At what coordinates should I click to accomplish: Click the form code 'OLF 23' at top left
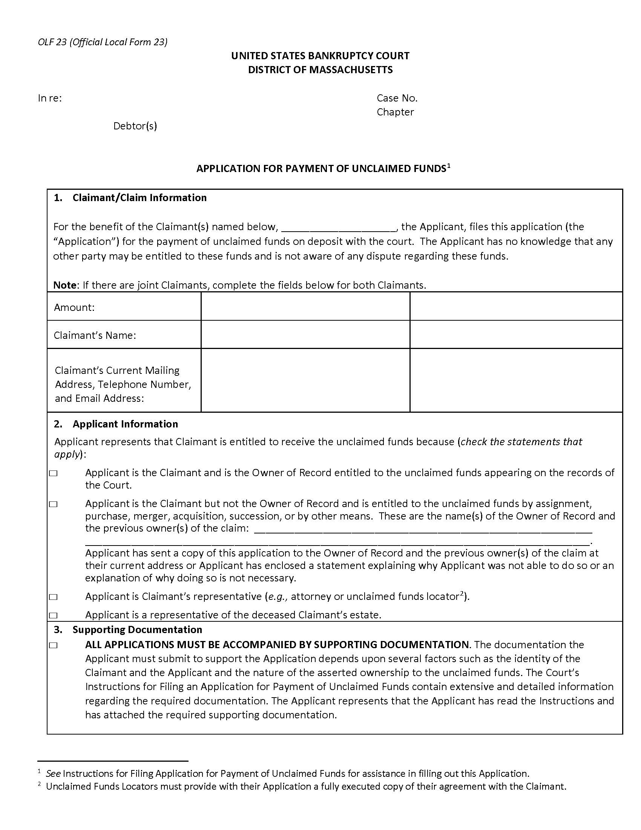[52, 42]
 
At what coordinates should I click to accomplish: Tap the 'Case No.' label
[397, 98]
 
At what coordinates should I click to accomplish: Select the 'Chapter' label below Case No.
[395, 112]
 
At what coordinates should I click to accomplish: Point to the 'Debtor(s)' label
[135, 126]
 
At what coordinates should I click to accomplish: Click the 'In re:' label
[50, 98]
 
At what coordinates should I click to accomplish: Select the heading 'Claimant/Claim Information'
[140, 198]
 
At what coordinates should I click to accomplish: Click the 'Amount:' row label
[74, 307]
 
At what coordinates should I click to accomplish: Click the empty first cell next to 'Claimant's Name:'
[305, 335]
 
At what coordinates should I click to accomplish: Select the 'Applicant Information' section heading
[125, 424]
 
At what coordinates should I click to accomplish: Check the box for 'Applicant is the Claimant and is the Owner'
[53, 473]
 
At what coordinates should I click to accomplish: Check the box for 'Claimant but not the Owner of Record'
[53, 504]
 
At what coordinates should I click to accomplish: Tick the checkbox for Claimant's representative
[53, 597]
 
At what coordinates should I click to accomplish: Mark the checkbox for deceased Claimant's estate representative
[53, 615]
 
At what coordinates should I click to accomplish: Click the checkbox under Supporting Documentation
[53, 645]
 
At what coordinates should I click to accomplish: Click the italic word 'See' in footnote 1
[53, 774]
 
